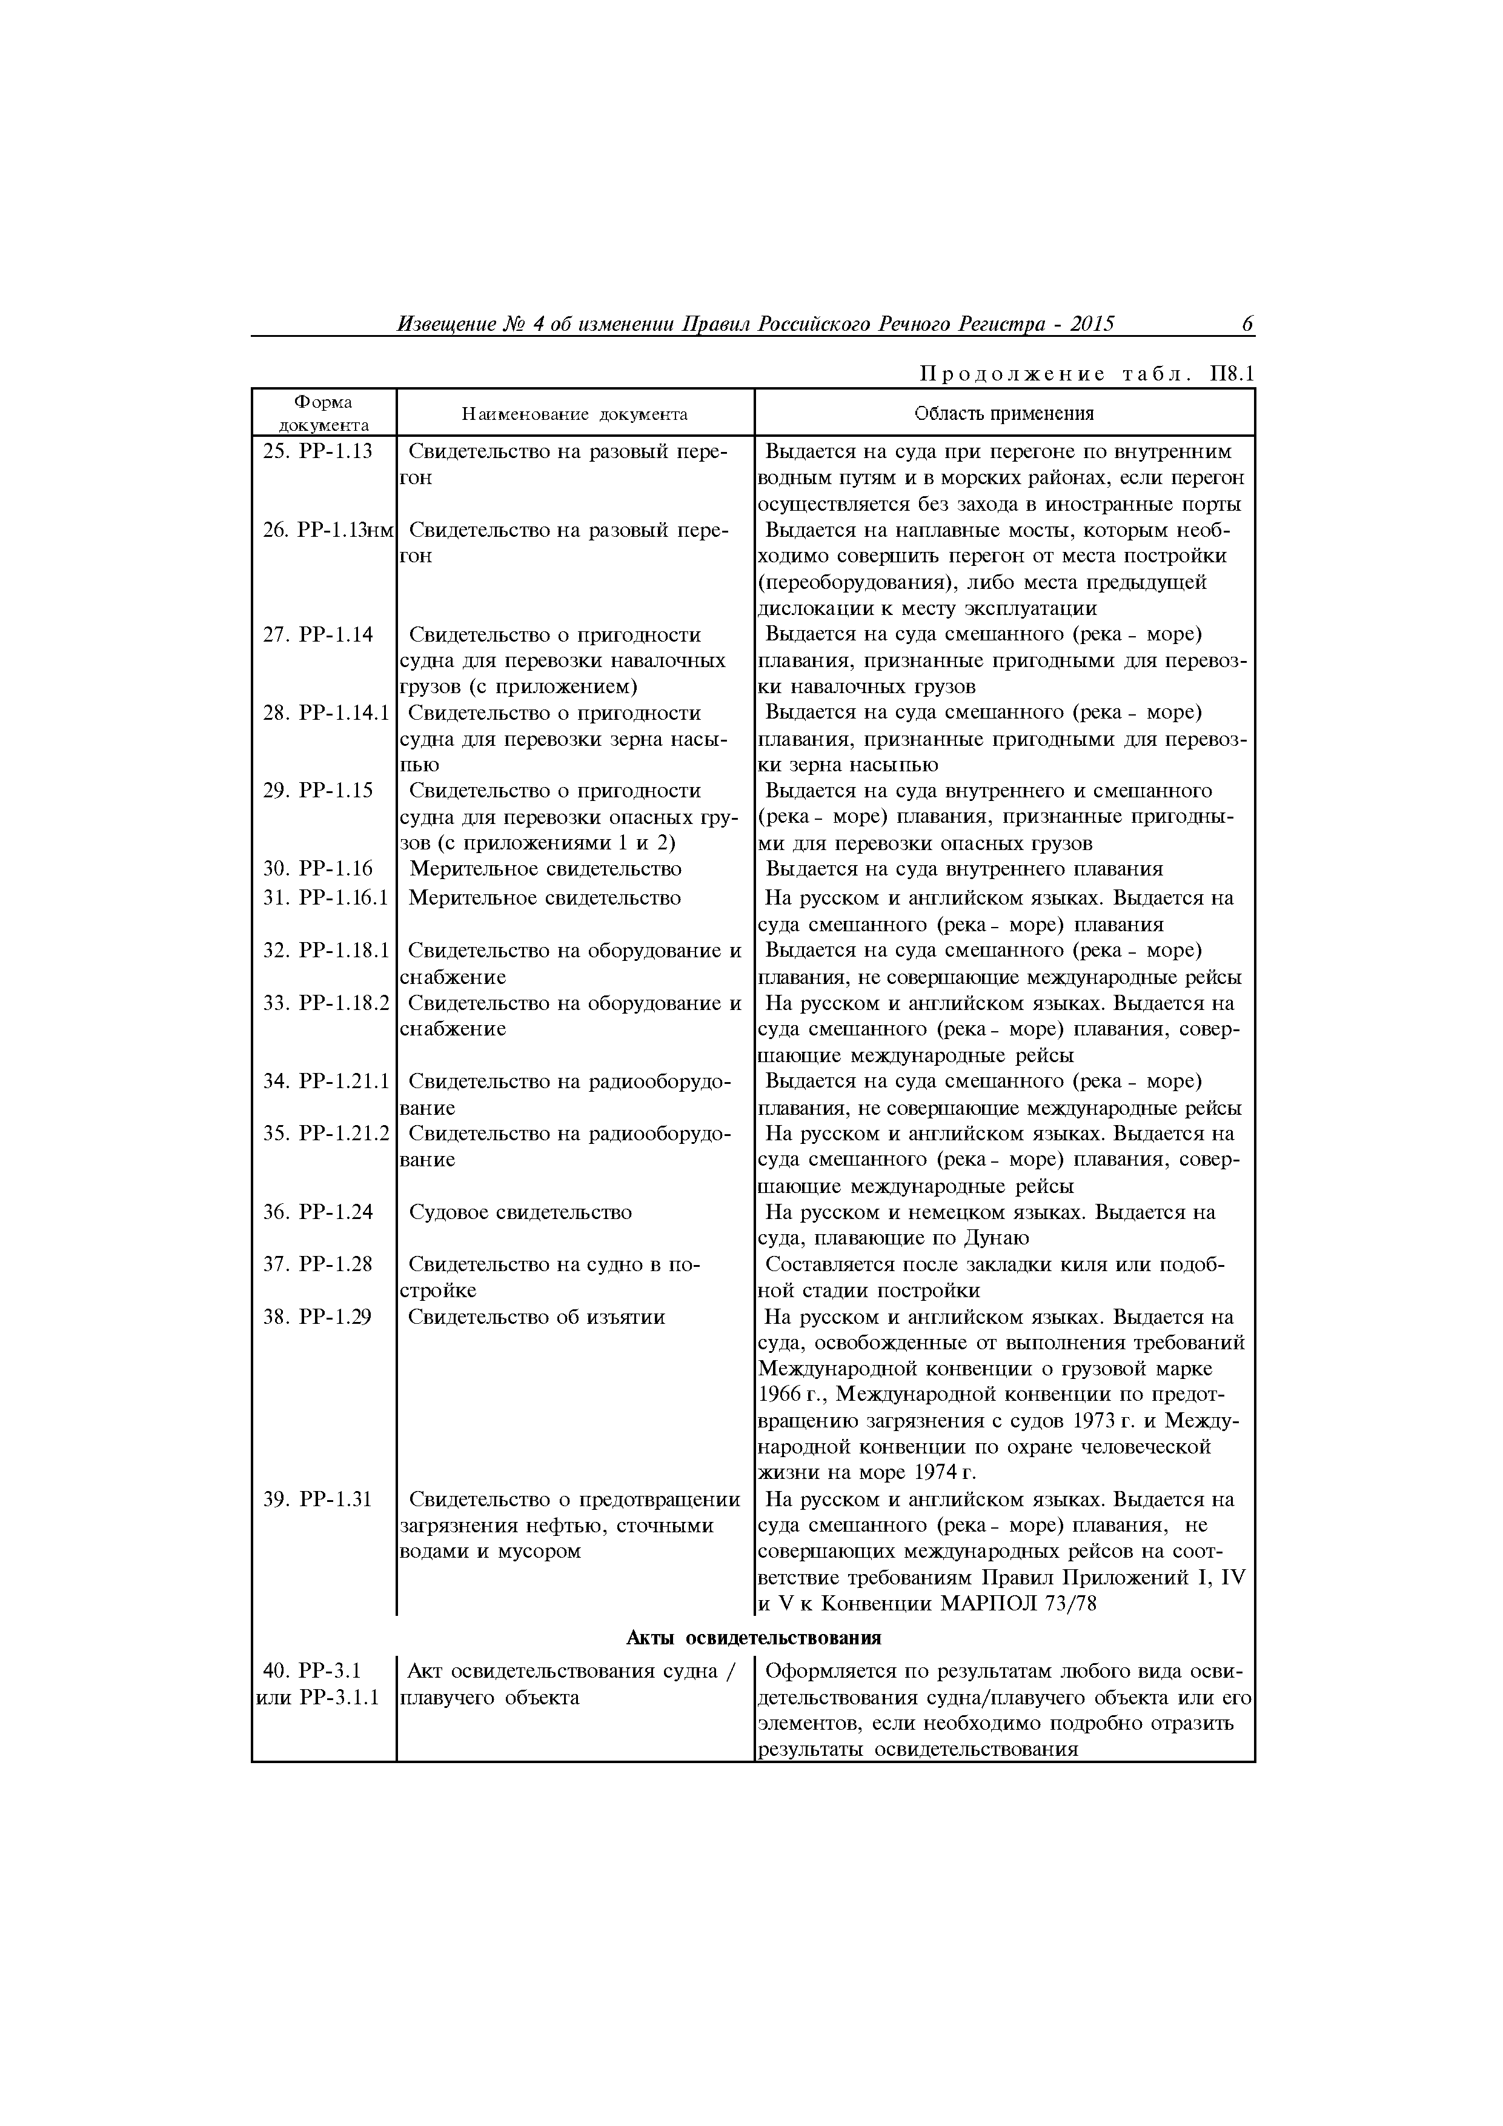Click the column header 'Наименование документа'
point(574,414)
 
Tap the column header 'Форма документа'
point(323,413)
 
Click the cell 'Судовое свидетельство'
point(520,1212)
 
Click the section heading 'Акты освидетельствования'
point(753,1637)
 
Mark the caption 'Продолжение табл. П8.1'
point(1086,374)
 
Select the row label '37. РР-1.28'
point(317,1264)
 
